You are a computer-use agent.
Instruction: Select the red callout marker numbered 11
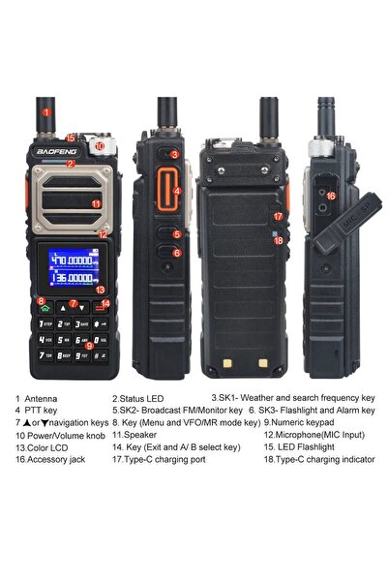[x=96, y=203]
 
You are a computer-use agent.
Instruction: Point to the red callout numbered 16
[x=331, y=197]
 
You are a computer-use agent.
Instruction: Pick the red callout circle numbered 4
[x=177, y=191]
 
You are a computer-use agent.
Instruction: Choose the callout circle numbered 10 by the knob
[x=99, y=146]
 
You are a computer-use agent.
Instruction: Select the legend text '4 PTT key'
[x=38, y=411]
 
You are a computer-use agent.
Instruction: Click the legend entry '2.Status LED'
[x=140, y=398]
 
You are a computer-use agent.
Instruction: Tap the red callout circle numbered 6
[x=177, y=253]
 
